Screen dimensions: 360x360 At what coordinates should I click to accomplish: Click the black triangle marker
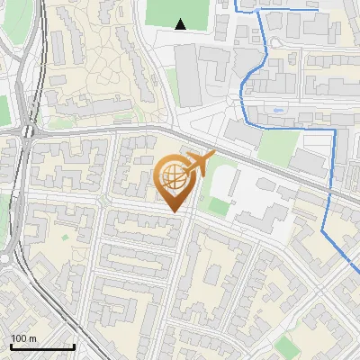pos(181,24)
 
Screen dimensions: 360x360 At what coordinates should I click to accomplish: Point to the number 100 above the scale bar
pos(19,338)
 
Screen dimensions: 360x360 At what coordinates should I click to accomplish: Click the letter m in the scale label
pos(32,338)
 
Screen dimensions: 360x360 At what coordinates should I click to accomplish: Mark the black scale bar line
pos(41,346)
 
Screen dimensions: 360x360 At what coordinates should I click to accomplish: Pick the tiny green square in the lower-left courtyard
pos(66,236)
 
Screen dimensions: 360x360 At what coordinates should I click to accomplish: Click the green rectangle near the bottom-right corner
pos(286,346)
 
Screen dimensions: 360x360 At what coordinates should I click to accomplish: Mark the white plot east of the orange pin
pos(261,207)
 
